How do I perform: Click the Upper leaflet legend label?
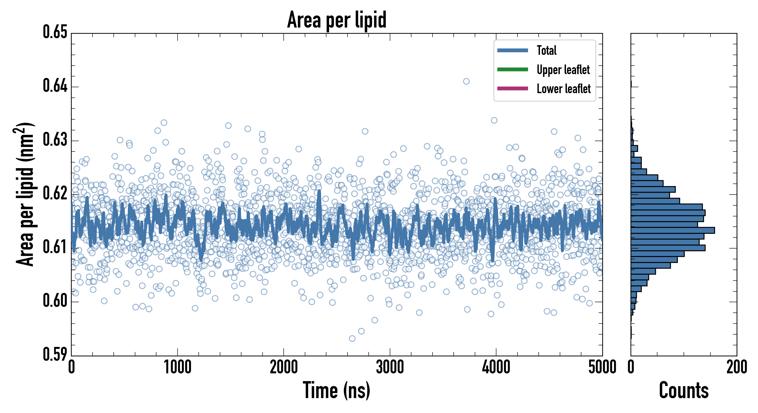[x=563, y=70]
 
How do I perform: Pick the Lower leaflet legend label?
[x=563, y=89]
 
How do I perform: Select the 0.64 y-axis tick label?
[x=55, y=86]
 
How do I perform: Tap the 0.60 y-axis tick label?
[x=55, y=301]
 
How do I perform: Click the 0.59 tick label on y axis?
[x=55, y=354]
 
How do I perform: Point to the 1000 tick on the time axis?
[x=177, y=367]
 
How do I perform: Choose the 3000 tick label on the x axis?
[x=390, y=367]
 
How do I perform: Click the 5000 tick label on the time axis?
[x=602, y=367]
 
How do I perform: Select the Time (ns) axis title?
[x=337, y=390]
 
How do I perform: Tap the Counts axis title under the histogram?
[x=684, y=390]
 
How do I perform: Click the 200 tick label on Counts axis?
[x=736, y=367]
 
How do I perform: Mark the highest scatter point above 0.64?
[x=466, y=81]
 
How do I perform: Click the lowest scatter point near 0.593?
[x=352, y=338]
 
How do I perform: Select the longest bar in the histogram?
[x=673, y=230]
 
